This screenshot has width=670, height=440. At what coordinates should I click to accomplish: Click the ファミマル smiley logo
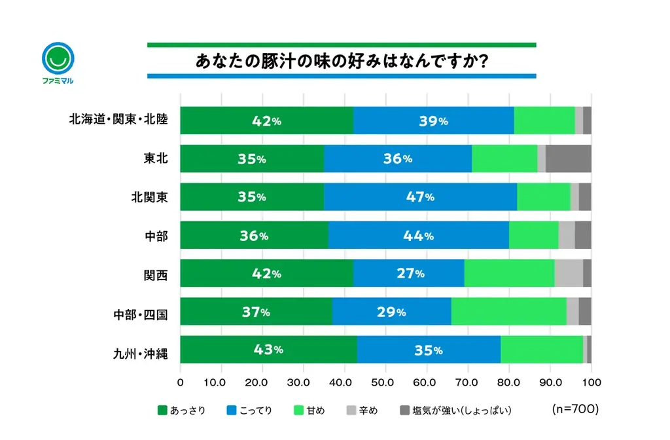[x=58, y=60]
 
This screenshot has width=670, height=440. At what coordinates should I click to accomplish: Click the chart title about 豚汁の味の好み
[x=341, y=61]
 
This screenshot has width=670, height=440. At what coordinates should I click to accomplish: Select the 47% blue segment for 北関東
[x=420, y=197]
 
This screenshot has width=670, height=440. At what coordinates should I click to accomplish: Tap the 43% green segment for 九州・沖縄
[x=268, y=350]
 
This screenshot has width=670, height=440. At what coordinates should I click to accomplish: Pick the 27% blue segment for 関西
[x=409, y=274]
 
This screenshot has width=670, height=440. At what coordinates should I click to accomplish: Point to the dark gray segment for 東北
[x=568, y=159]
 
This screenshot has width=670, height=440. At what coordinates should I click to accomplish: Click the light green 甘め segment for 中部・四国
[x=508, y=312]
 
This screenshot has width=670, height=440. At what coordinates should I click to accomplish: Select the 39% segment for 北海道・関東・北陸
[x=433, y=120]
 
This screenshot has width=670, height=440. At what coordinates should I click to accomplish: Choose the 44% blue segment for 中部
[x=418, y=236]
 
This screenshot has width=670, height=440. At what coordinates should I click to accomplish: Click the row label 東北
[x=156, y=159]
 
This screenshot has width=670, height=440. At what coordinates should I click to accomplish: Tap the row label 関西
[x=156, y=274]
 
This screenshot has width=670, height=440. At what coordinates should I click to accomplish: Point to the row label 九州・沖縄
[x=141, y=354]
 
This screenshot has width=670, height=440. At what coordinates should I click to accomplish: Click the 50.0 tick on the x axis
[x=385, y=381]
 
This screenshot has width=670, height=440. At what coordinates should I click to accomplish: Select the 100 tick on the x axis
[x=591, y=381]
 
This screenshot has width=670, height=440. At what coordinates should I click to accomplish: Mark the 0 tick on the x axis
[x=181, y=381]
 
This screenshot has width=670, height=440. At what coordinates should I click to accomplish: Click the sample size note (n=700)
[x=575, y=409]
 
